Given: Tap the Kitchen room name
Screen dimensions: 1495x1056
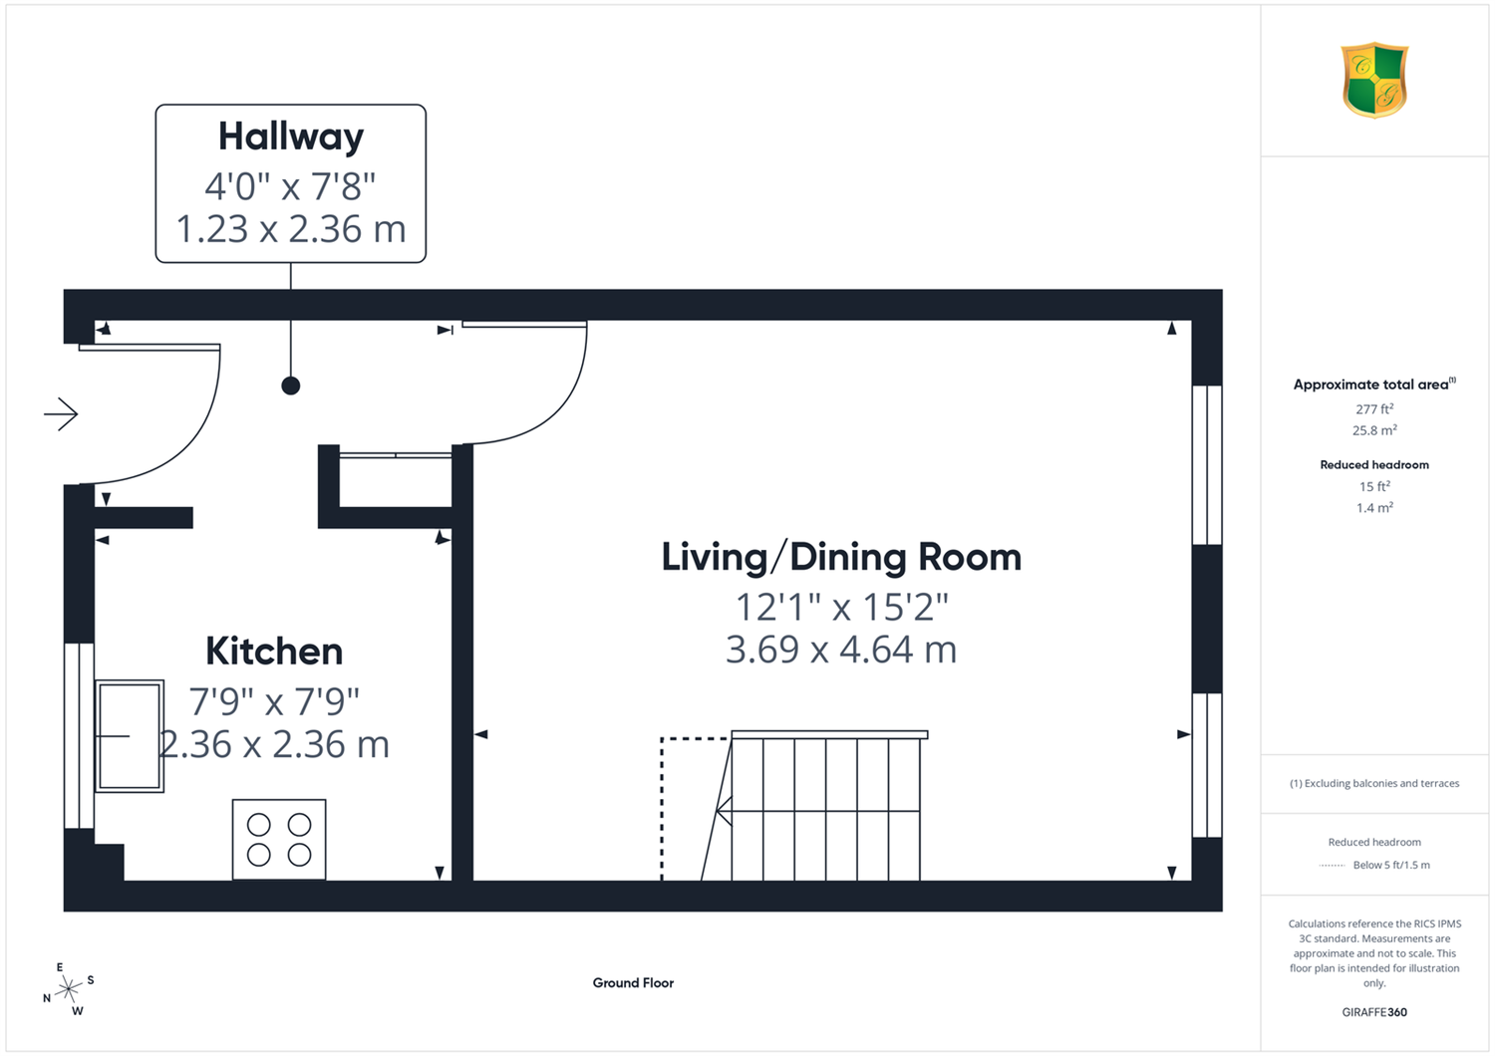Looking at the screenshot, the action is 274,652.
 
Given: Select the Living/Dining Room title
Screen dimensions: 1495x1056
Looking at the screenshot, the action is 841,558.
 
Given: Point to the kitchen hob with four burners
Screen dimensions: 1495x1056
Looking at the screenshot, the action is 279,839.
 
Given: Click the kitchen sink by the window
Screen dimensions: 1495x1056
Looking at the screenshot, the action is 130,736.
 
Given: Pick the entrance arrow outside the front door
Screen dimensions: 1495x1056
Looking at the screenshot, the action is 61,414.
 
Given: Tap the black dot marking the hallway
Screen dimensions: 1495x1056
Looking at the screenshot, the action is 290,386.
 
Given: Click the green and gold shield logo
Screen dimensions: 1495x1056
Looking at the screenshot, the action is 1374,80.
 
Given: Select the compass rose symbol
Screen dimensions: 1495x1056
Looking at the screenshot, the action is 68,989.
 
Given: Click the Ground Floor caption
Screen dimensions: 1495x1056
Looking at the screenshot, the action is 633,982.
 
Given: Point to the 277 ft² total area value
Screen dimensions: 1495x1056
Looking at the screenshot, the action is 1374,408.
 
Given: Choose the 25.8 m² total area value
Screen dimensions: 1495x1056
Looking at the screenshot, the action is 1374,430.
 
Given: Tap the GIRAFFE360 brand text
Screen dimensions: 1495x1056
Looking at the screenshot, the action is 1374,1012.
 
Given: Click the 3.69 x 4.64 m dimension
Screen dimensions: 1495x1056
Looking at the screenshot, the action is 841,650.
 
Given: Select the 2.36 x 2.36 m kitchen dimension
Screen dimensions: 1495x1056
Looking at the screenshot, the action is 274,744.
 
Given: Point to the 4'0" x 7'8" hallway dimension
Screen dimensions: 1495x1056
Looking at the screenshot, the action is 290,186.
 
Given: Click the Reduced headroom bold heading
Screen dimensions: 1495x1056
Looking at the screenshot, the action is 1374,465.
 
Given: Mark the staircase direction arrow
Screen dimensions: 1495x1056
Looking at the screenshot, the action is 818,811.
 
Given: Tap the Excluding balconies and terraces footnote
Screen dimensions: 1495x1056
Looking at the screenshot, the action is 1374,783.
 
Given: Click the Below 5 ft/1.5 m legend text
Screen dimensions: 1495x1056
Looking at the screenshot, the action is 1391,865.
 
